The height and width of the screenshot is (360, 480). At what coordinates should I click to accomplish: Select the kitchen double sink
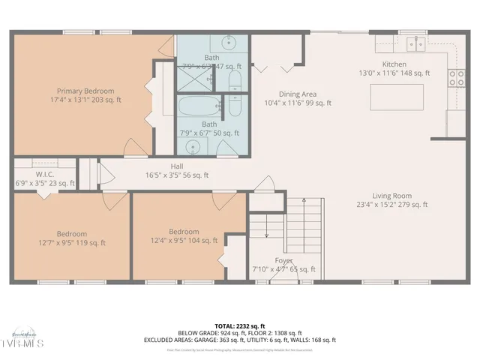[415, 43]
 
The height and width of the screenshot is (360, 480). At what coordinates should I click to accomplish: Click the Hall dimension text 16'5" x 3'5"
[177, 175]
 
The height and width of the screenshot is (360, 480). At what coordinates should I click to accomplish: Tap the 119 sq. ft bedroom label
[72, 238]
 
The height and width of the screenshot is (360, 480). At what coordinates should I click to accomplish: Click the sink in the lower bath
[193, 142]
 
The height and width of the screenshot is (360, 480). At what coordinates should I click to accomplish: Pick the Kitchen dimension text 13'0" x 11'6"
[405, 73]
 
